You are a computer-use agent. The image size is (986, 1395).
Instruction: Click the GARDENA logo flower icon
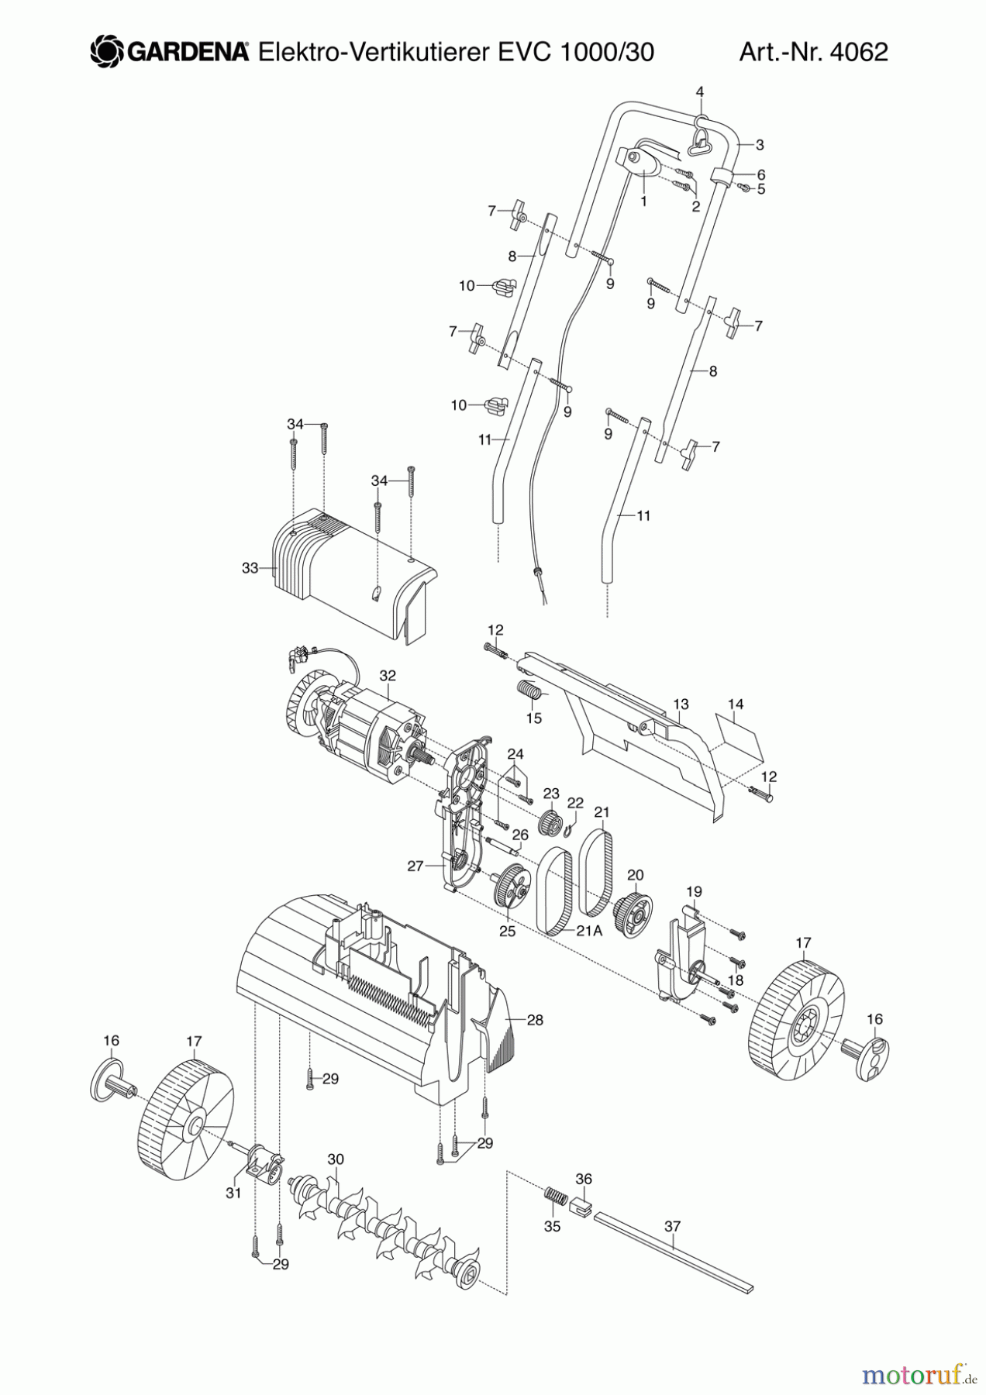pos(107,52)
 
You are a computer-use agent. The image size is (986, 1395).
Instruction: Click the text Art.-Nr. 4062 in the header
pos(813,52)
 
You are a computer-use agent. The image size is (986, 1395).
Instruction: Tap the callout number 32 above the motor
pos(388,676)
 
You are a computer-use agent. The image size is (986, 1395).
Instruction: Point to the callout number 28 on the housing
pos(535,1020)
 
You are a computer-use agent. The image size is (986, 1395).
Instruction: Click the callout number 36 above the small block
pos(583,1179)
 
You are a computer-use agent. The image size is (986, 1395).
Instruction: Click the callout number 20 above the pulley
pos(635,875)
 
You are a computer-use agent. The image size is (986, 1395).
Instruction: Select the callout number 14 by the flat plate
pos(736,704)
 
